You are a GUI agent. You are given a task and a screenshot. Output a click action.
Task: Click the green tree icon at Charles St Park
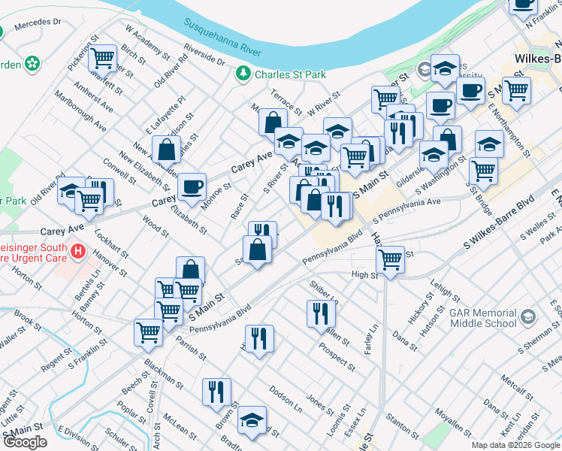(x=243, y=73)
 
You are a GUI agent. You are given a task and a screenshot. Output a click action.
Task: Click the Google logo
(x=25, y=442)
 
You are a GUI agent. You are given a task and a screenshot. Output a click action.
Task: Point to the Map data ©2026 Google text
(x=515, y=445)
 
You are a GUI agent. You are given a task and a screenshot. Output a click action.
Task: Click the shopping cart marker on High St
(x=390, y=259)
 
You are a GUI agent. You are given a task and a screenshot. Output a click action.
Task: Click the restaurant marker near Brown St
(x=216, y=391)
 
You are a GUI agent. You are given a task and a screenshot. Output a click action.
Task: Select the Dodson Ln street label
(x=286, y=398)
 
